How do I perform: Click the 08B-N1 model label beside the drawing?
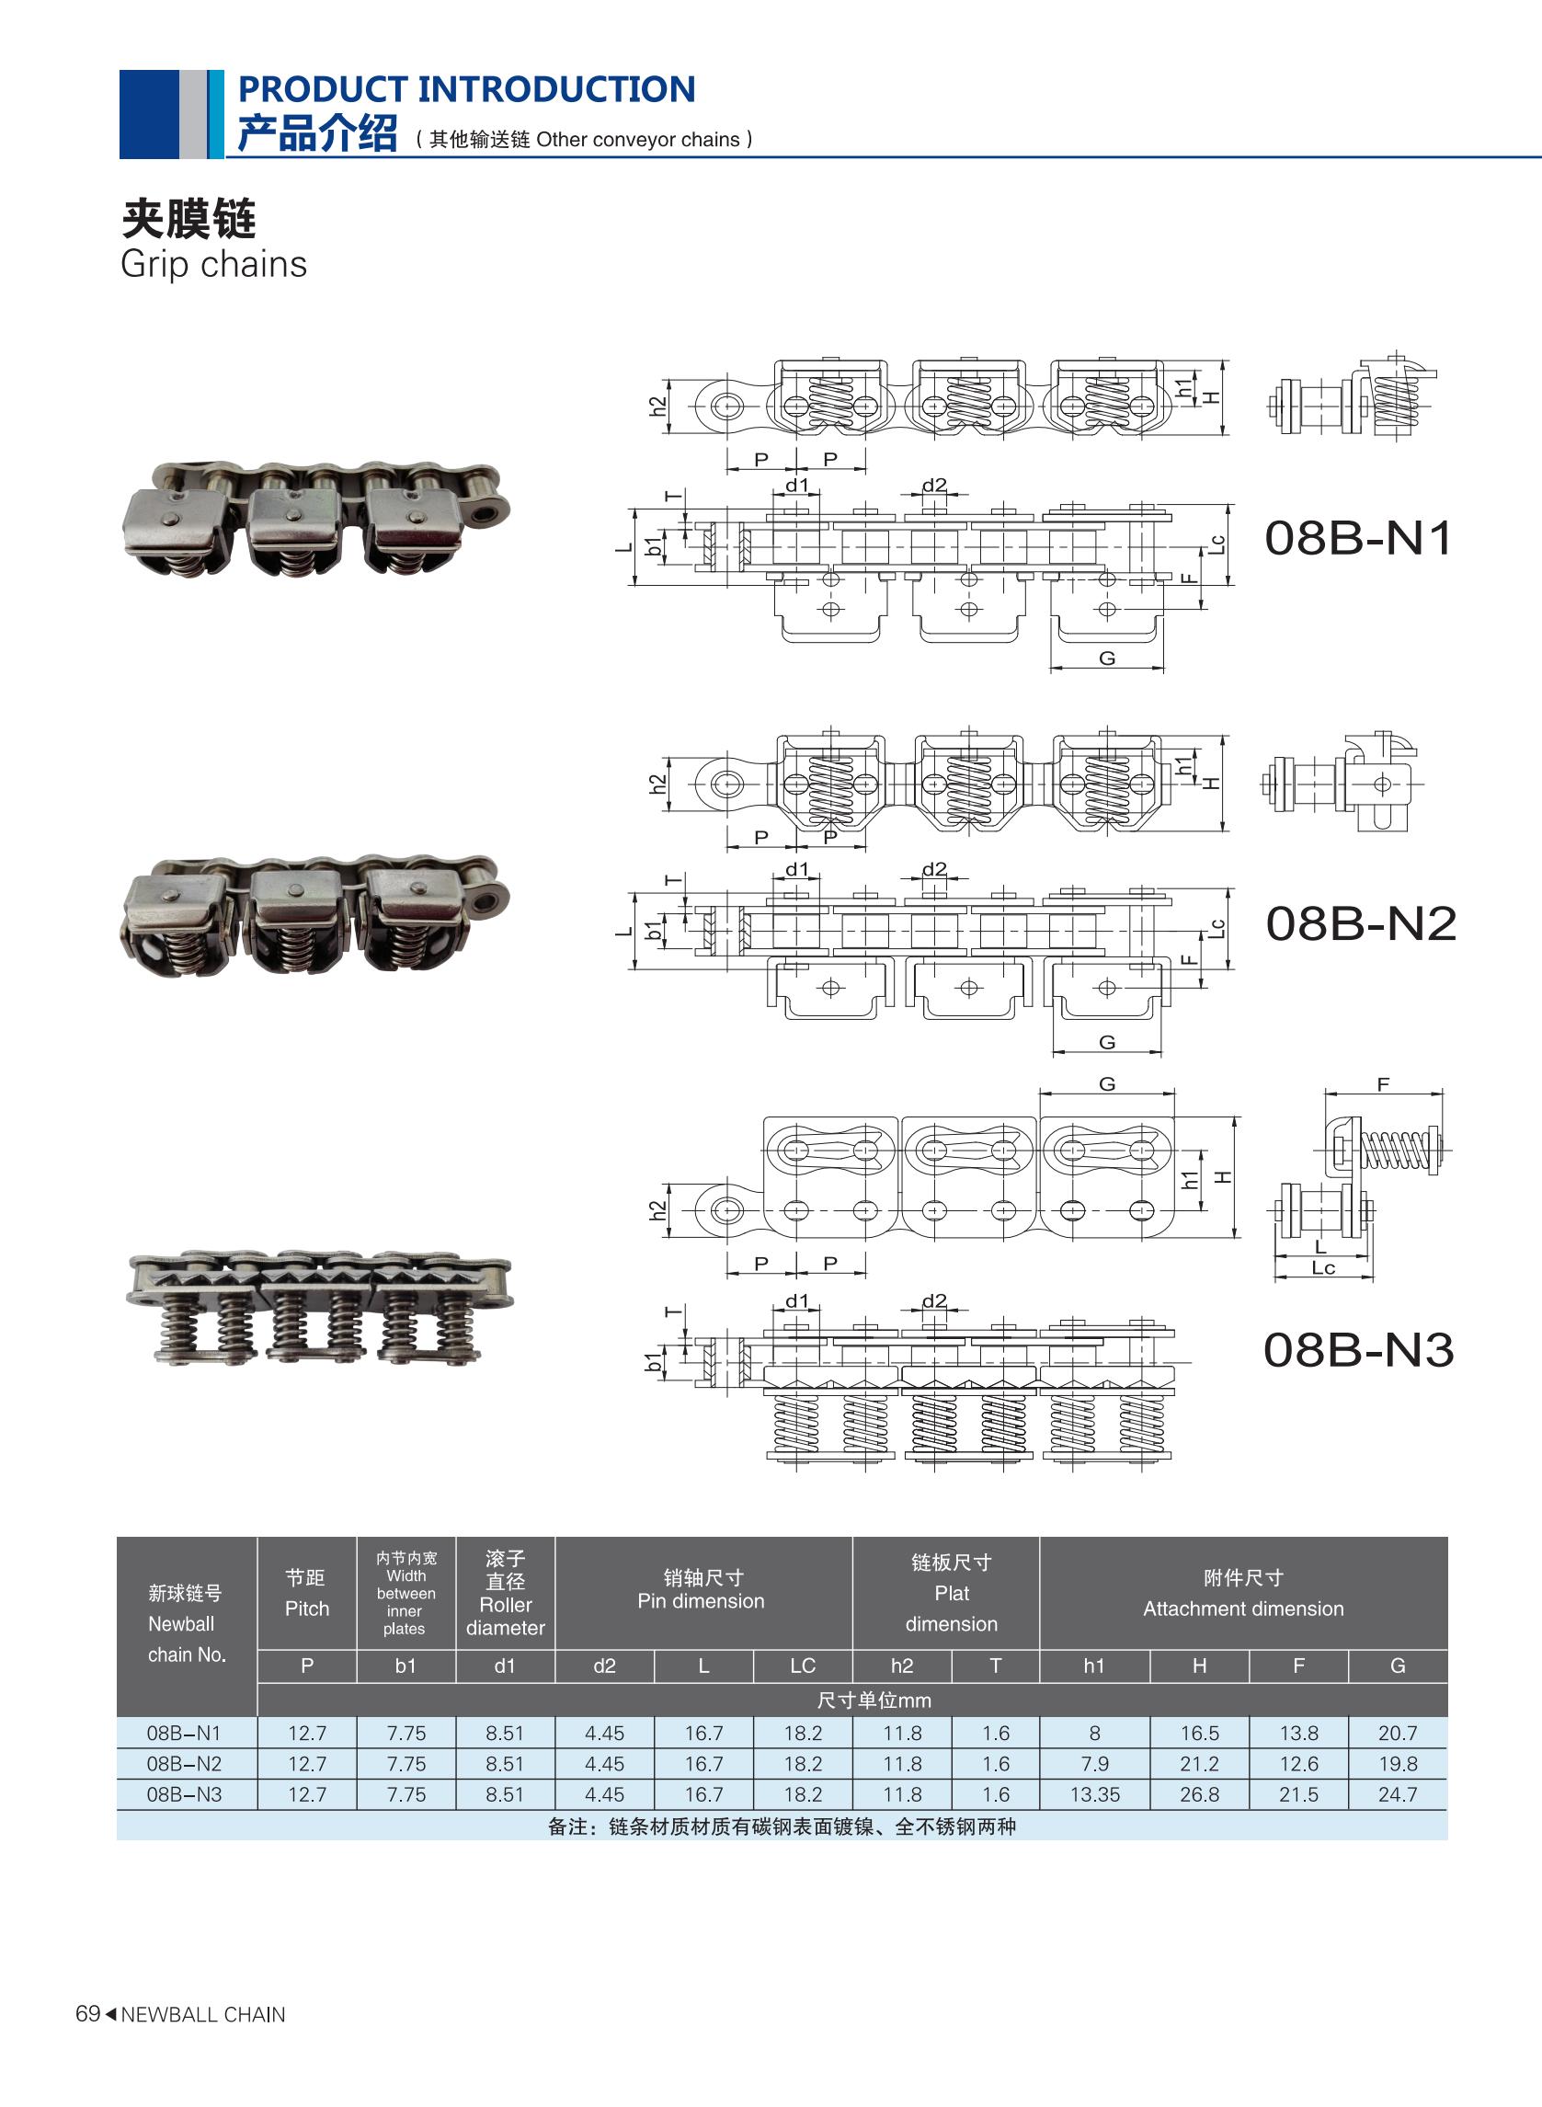pos(1358,539)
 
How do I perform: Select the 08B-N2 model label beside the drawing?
pos(1360,923)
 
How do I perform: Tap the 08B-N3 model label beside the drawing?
pos(1358,1350)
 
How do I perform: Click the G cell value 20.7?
pos(1397,1734)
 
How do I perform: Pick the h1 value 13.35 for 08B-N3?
pos(1094,1794)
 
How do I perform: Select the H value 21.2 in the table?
pos(1198,1764)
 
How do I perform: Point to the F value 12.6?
pos(1297,1764)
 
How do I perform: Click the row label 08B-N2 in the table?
pos(184,1764)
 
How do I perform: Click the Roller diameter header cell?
pos(505,1594)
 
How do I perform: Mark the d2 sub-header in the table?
pos(604,1666)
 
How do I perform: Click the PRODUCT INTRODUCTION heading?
pos(467,89)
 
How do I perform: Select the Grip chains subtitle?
pos(213,265)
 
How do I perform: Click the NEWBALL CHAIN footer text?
pos(202,2016)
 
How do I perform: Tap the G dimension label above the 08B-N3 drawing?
pos(1107,1083)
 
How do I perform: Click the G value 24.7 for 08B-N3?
pos(1397,1794)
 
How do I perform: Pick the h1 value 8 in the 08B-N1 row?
pos(1094,1734)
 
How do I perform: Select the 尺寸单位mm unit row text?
pos(874,1700)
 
